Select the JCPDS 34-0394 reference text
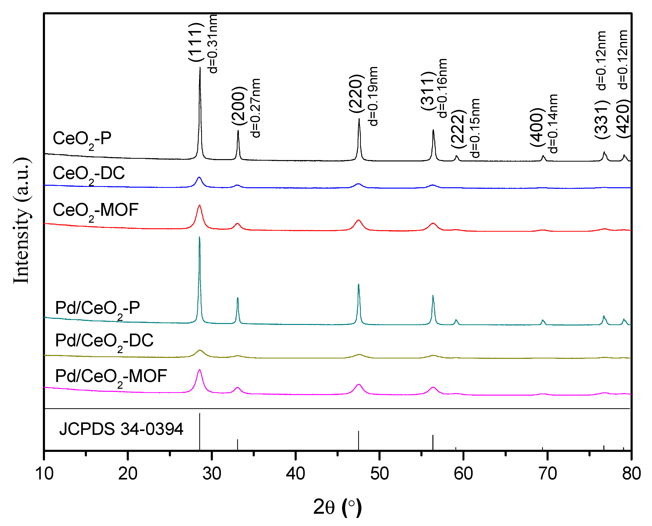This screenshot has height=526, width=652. tap(121, 429)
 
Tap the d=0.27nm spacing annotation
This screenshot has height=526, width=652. tap(256, 108)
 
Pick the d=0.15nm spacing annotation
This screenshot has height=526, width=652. tap(476, 128)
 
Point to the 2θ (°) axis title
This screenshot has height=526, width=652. tap(337, 507)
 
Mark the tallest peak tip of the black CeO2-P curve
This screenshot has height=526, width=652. tap(200, 68)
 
